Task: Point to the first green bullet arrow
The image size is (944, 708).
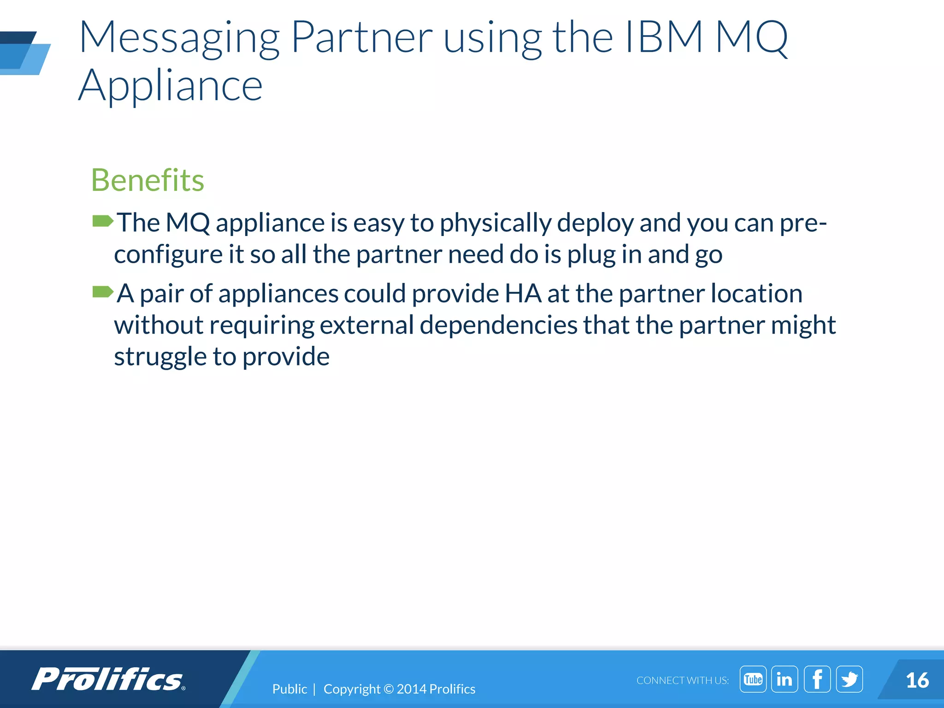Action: click(x=102, y=222)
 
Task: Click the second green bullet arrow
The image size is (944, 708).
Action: click(x=102, y=292)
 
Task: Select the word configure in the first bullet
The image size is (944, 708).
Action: click(x=168, y=255)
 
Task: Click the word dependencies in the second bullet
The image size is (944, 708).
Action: click(x=498, y=325)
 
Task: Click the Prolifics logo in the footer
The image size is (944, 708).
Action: click(x=108, y=679)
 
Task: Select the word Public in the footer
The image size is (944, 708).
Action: click(x=289, y=689)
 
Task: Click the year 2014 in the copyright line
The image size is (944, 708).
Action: click(x=411, y=689)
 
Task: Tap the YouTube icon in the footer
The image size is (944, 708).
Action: click(x=753, y=679)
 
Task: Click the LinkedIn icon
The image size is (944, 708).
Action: click(x=785, y=679)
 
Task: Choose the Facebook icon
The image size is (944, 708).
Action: click(x=817, y=679)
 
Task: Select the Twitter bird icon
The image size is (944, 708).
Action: click(x=849, y=679)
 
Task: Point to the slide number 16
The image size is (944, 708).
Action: click(x=917, y=680)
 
